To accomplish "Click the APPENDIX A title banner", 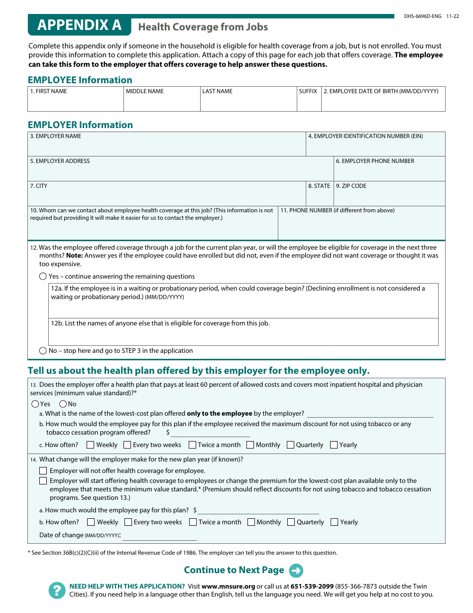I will tap(79, 25).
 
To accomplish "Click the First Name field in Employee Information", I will tap(75, 102).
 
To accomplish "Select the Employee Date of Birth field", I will tap(383, 102).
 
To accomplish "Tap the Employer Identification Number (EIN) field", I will tap(375, 148).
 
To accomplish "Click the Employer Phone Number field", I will tap(389, 172).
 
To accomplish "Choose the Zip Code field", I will tap(389, 197).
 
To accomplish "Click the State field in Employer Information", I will tap(319, 197).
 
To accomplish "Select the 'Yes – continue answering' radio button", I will tap(43, 277).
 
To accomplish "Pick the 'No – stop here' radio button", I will tap(43, 351).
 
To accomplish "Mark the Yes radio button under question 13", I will tap(35, 404).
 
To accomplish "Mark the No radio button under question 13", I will tap(63, 404).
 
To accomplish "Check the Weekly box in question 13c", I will tap(91, 445).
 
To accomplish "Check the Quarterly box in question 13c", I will tap(290, 445).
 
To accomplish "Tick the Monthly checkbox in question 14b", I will tap(251, 522).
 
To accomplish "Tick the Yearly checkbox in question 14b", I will tap(335, 522).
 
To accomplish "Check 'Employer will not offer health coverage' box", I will tap(43, 471).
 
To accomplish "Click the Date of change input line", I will tap(160, 536).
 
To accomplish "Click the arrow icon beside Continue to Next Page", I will tap(296, 571).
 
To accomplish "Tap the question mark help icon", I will tap(57, 591).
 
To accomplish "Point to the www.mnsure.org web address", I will tap(228, 587).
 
